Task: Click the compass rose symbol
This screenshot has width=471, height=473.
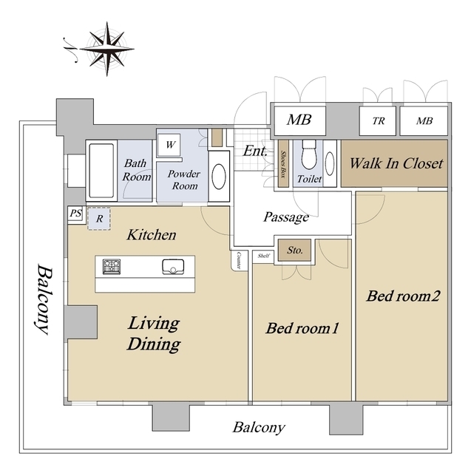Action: pyautogui.click(x=108, y=48)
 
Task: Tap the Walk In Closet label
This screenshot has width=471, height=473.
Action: pyautogui.click(x=396, y=163)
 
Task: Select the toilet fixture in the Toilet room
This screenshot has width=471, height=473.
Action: pyautogui.click(x=308, y=155)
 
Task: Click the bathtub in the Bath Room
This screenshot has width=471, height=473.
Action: pyautogui.click(x=99, y=171)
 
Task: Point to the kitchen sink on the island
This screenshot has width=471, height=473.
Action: pyautogui.click(x=173, y=267)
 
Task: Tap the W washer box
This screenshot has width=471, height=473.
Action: pyautogui.click(x=170, y=145)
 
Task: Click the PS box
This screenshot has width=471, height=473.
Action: pyautogui.click(x=75, y=214)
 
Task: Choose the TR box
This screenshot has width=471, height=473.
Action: pyautogui.click(x=378, y=121)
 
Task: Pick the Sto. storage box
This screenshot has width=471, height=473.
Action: pyautogui.click(x=294, y=251)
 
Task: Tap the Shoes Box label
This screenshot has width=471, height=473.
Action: pyautogui.click(x=283, y=161)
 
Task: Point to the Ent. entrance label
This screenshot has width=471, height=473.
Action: pyautogui.click(x=255, y=151)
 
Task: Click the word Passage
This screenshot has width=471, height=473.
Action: pyautogui.click(x=285, y=217)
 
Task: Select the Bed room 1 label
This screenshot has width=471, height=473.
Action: pyautogui.click(x=302, y=328)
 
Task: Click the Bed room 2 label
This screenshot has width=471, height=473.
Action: pyautogui.click(x=403, y=296)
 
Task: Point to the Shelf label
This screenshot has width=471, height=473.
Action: pyautogui.click(x=263, y=256)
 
